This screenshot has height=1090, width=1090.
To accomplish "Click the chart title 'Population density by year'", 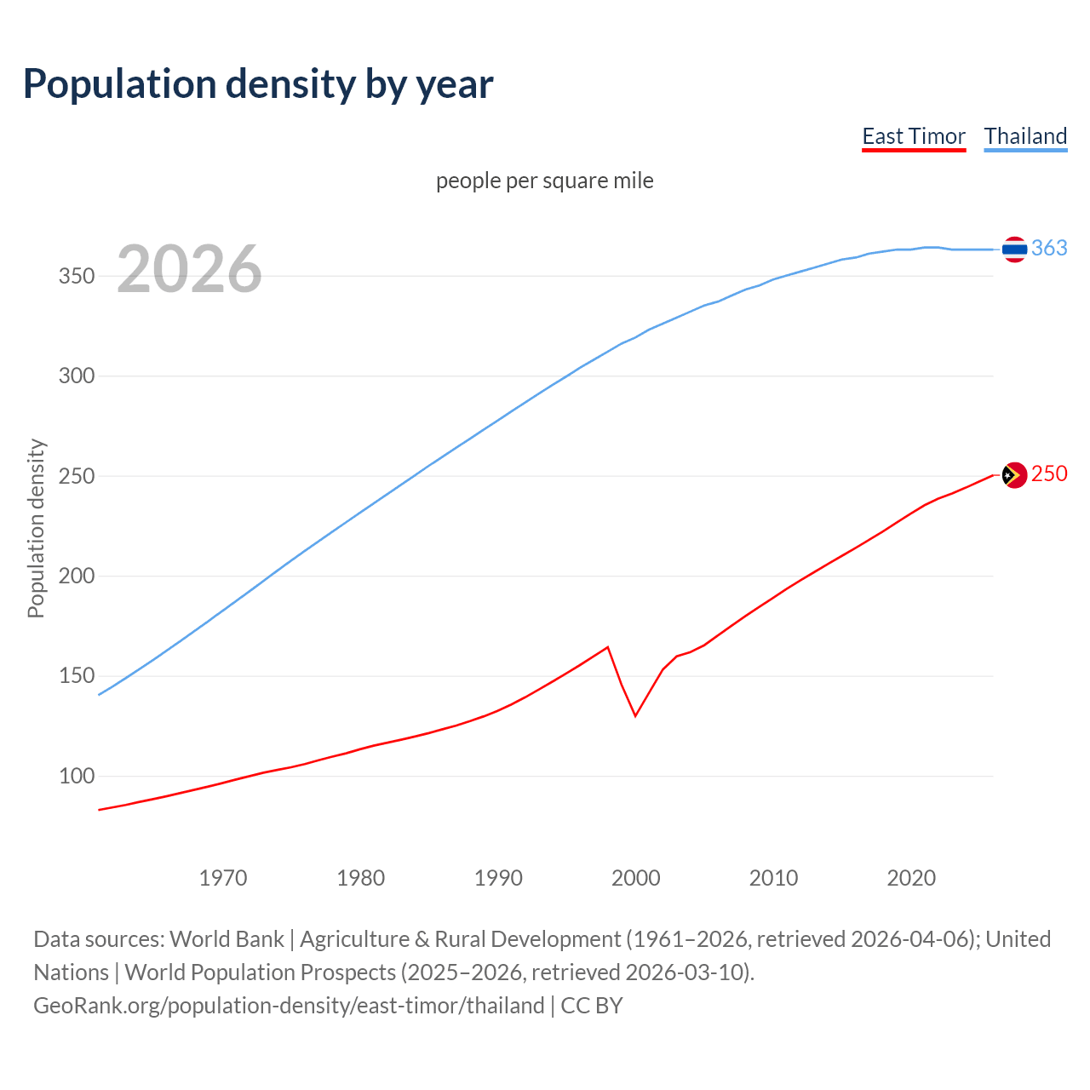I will [258, 84].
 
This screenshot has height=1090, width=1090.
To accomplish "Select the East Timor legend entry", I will [913, 136].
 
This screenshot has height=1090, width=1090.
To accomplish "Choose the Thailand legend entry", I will [1025, 136].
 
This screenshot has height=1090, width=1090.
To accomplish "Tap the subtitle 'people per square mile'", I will [544, 181].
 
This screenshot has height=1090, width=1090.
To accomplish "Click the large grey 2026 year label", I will [189, 269].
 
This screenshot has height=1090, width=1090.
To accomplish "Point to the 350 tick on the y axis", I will [76, 277].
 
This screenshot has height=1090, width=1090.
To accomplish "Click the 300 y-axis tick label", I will [76, 376].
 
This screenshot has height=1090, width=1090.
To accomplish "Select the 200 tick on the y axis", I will [76, 577].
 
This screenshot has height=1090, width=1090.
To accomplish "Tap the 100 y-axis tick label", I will [76, 777].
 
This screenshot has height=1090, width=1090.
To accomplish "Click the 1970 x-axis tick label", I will [223, 878].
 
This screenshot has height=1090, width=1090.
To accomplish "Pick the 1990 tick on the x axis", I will [498, 878].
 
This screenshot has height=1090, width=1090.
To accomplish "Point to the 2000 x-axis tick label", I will [636, 878].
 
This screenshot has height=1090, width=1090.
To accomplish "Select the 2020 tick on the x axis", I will [911, 878].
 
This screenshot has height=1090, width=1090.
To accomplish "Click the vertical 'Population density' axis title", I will [36, 528].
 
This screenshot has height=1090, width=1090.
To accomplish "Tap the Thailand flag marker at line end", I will [1013, 249].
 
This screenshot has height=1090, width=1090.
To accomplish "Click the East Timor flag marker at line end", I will [1013, 475].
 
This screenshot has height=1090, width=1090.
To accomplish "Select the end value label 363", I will [1049, 248].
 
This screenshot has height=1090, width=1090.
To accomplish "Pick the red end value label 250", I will [1049, 474].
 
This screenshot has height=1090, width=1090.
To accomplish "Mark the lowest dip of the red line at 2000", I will [635, 715].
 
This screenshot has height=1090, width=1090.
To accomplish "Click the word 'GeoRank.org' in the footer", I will [98, 1006].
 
